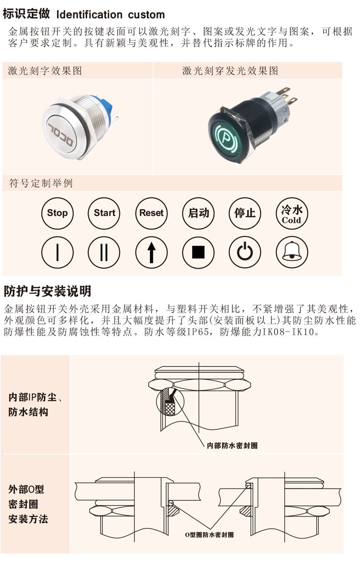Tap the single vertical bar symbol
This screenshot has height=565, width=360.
click(57, 252)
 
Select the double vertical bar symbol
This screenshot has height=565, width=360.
click(104, 252)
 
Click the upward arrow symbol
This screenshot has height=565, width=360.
click(151, 252)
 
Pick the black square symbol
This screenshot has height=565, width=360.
click(198, 252)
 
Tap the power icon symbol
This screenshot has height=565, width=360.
click(245, 252)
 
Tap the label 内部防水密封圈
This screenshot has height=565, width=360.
click(232, 446)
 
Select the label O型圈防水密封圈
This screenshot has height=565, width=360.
click(210, 535)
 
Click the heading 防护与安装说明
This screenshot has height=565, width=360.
click(47, 291)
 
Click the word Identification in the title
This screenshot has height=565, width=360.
click(89, 15)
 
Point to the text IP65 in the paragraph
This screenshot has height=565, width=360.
click(198, 332)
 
